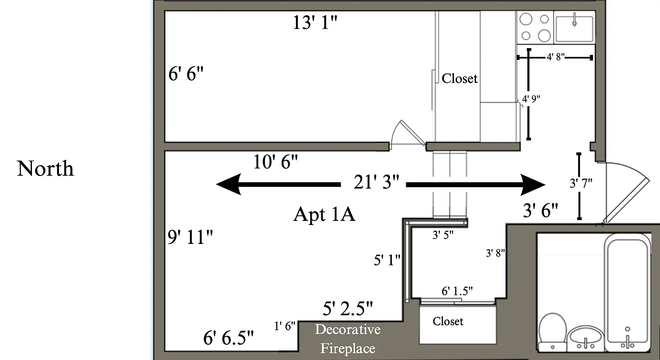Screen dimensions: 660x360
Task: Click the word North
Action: pos(45,169)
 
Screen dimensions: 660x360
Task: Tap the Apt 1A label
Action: pos(324,214)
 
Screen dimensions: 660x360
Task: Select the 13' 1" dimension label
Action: pos(315,22)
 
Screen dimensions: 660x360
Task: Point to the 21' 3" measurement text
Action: pos(376,184)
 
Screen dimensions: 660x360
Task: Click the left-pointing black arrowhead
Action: pos(229,184)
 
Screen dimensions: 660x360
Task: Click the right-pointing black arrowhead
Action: pos(533,184)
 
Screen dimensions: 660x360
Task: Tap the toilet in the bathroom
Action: pos(552,331)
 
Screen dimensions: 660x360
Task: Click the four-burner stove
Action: pos(535,27)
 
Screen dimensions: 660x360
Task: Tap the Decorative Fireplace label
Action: pos(347,339)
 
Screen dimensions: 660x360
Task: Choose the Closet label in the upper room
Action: pos(459,78)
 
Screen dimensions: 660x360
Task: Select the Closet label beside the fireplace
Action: pos(448,321)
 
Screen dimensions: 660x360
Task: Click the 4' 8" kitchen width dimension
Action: pos(555,57)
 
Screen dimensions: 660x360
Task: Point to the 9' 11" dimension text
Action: pos(190,237)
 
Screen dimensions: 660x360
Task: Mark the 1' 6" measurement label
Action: pos(285,326)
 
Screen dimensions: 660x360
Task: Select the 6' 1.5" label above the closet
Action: pos(457,291)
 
